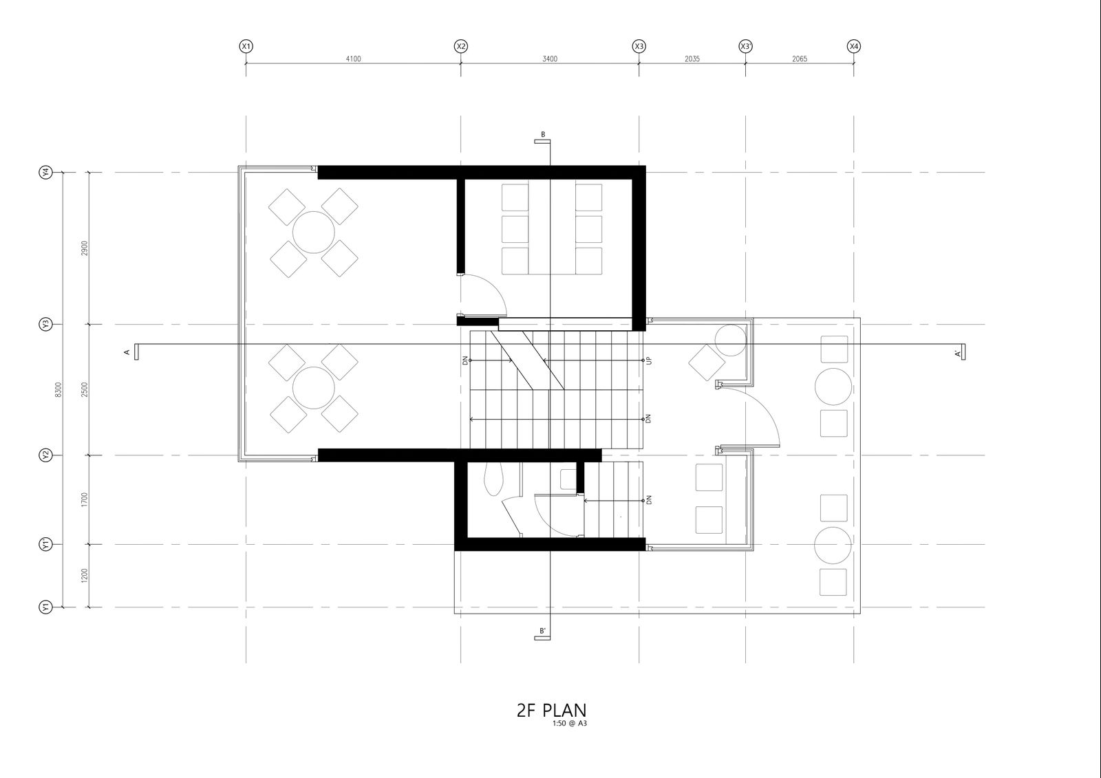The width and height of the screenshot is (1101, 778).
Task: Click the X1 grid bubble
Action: (x=246, y=46)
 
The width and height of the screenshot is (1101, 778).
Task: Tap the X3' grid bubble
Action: (x=746, y=46)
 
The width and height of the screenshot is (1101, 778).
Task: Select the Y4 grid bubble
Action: (x=45, y=173)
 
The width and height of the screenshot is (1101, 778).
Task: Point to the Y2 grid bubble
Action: (x=45, y=455)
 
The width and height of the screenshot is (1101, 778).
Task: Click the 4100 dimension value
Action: (x=353, y=59)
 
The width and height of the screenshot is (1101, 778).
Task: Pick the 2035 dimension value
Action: (x=692, y=59)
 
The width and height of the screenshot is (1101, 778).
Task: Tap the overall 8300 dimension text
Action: (x=58, y=390)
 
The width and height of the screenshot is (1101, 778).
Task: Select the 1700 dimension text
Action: (x=85, y=500)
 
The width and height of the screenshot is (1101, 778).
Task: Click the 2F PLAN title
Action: (x=551, y=710)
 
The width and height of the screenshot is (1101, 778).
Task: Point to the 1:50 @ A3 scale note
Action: (x=570, y=724)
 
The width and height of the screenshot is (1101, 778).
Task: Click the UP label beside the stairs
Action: (x=649, y=360)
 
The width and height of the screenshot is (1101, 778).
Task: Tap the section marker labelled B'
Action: (x=542, y=634)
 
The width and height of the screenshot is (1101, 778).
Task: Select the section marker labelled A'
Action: (x=961, y=352)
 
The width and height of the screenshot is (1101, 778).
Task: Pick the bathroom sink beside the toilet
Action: (x=568, y=479)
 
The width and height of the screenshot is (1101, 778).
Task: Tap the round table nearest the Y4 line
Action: (x=314, y=232)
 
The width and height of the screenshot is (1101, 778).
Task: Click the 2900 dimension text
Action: (x=85, y=248)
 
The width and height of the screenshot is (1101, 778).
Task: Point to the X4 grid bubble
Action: (x=854, y=46)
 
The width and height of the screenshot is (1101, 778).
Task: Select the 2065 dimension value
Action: (x=800, y=59)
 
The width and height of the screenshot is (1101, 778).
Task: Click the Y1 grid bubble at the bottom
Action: (x=45, y=607)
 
